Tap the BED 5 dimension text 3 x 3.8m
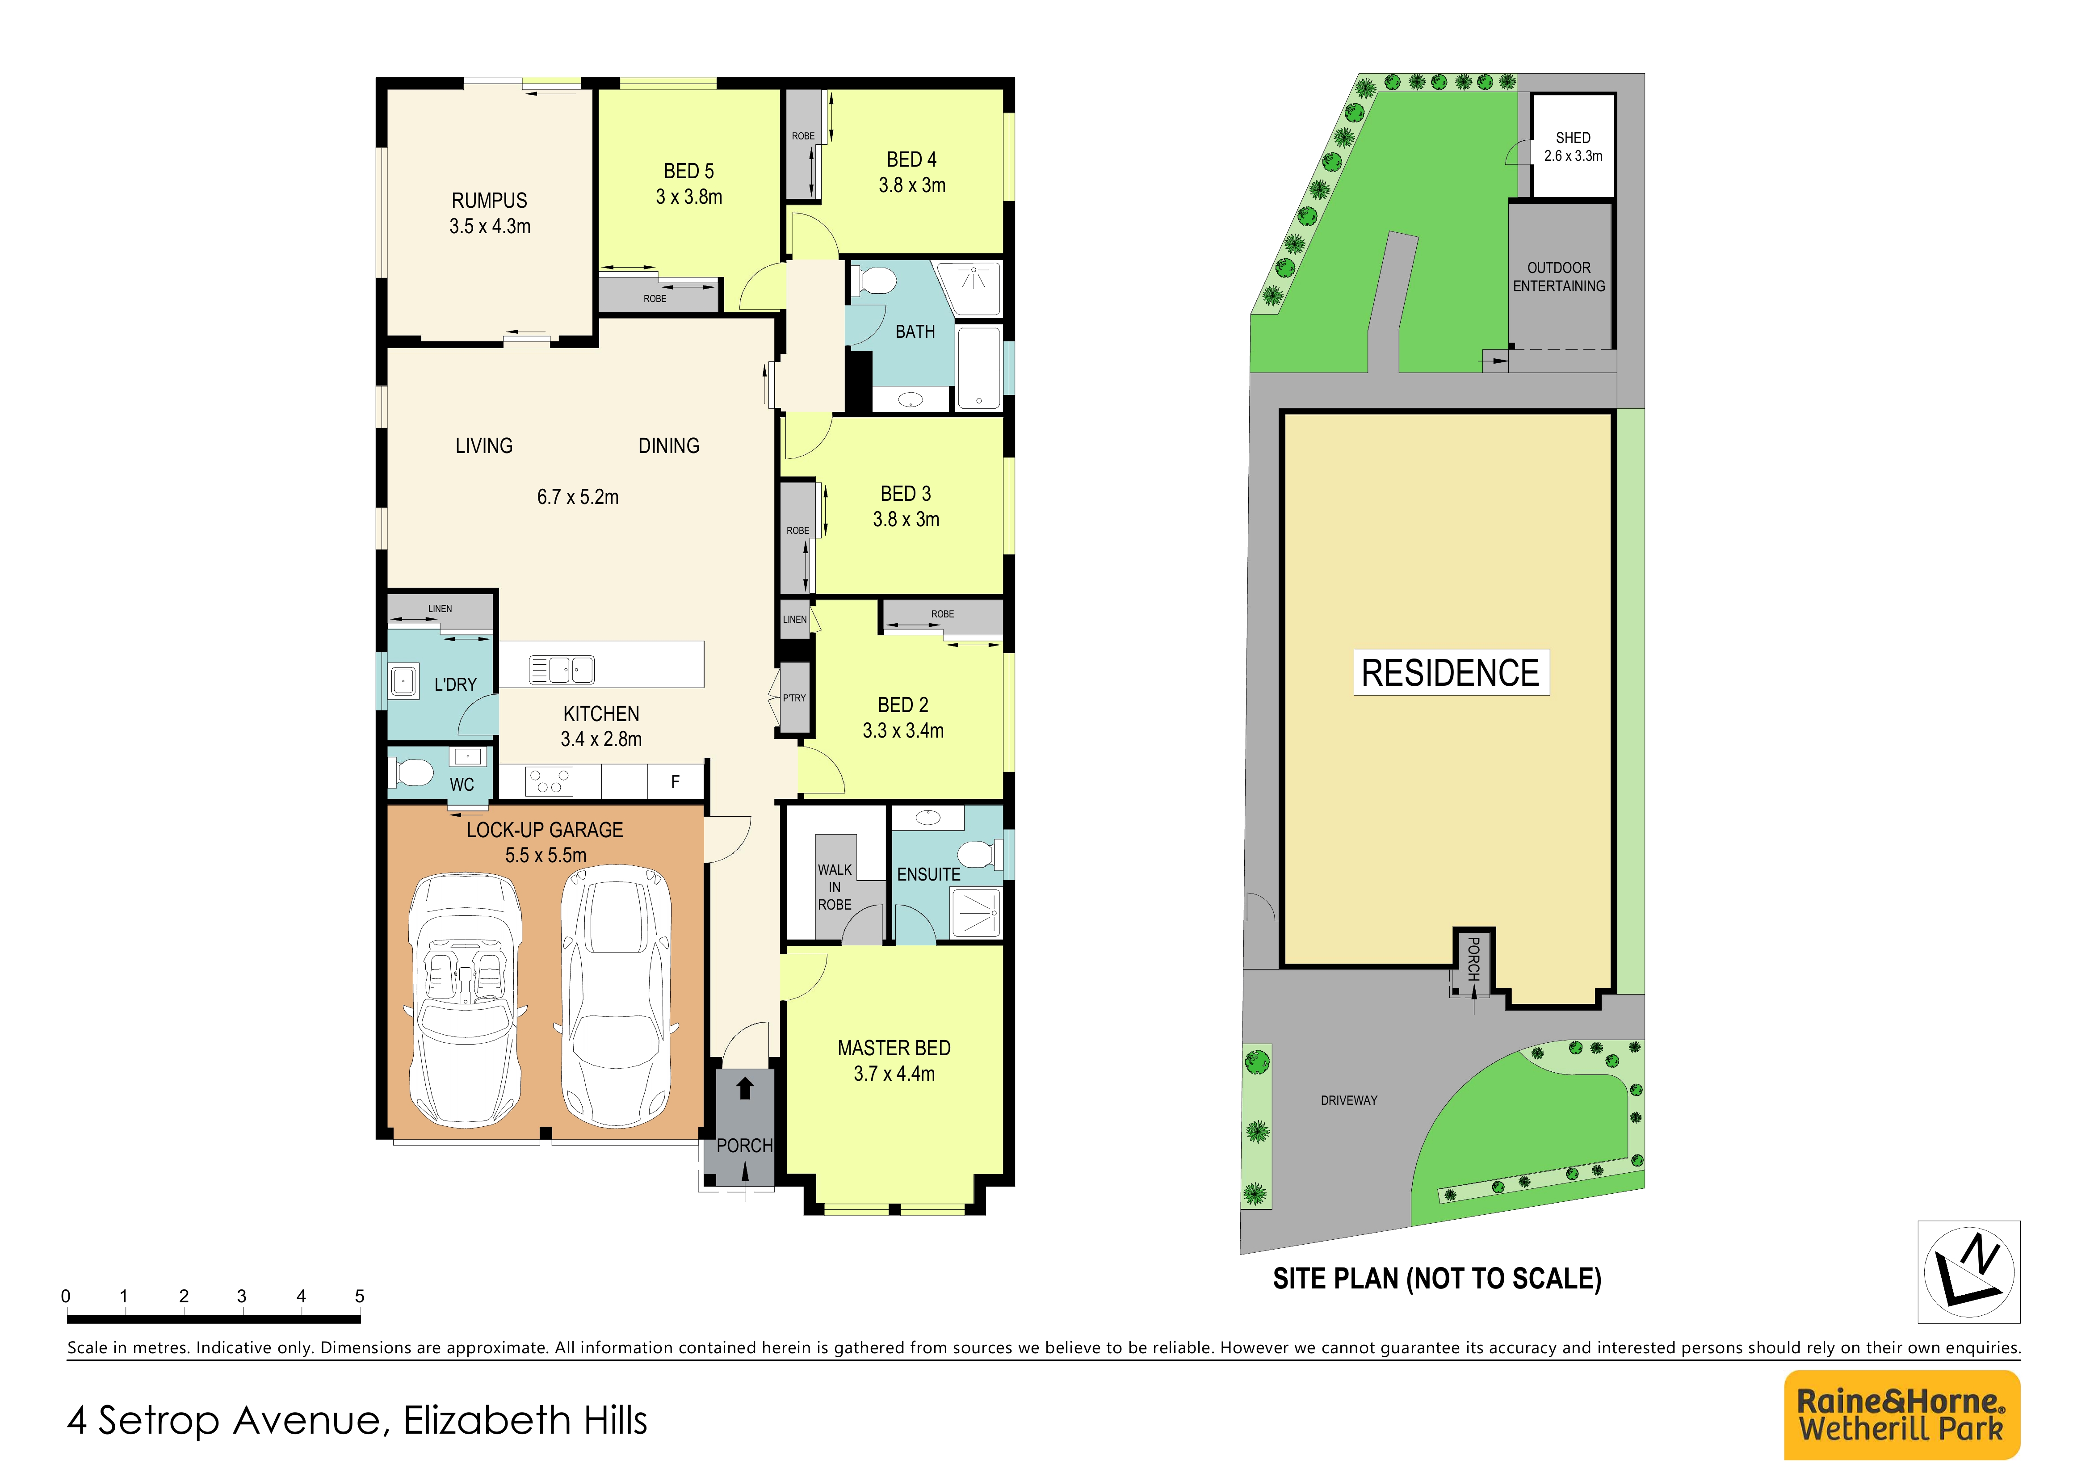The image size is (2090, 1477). (689, 197)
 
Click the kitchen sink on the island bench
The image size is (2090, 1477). (562, 670)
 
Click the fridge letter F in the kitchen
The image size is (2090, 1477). (676, 782)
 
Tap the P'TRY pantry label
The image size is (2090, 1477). (794, 698)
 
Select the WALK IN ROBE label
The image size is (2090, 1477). (835, 887)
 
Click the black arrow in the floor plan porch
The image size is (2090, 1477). (745, 1087)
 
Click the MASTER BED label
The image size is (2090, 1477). (894, 1049)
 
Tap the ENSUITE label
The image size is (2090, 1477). (928, 875)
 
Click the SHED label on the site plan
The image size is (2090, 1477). (1573, 138)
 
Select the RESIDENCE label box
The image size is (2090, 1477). (1451, 672)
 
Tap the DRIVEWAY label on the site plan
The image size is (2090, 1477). (1349, 1100)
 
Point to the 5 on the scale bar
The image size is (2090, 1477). (360, 1296)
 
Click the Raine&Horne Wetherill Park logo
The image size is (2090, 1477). (1901, 1415)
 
